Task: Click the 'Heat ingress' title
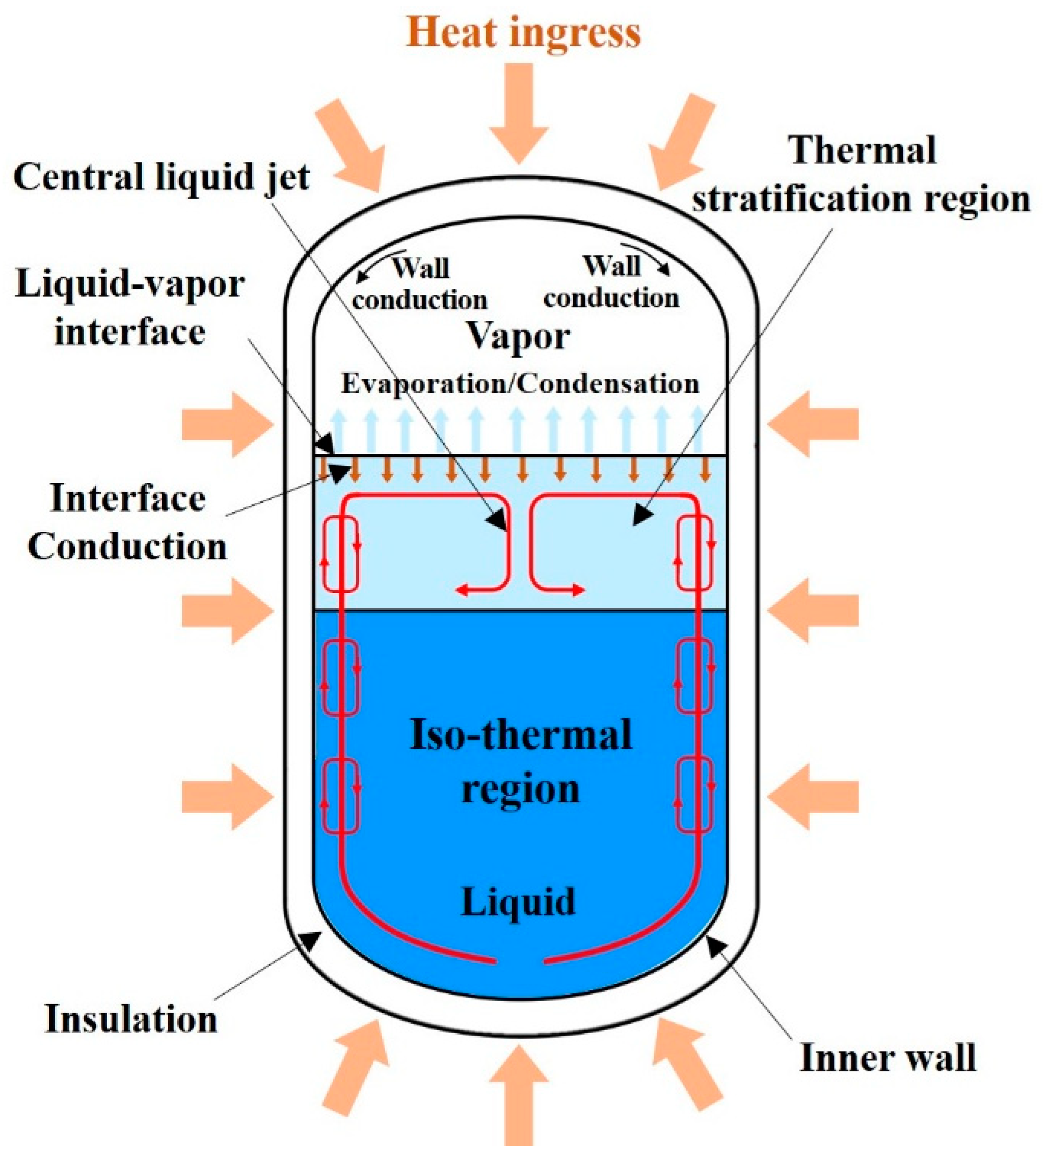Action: click(x=523, y=33)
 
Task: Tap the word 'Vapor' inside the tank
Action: click(x=518, y=336)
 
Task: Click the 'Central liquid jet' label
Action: click(x=162, y=177)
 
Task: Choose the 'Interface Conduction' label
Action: click(x=127, y=522)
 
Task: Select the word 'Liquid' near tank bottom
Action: click(x=518, y=901)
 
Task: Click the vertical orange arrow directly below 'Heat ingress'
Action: click(x=519, y=112)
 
